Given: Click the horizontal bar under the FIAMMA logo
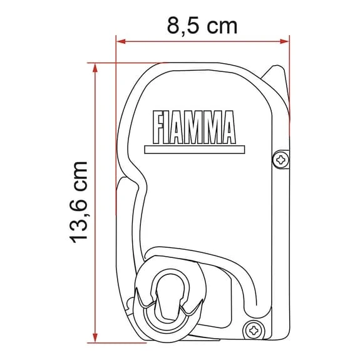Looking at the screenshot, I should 193,150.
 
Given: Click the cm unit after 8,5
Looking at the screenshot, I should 222,26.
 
